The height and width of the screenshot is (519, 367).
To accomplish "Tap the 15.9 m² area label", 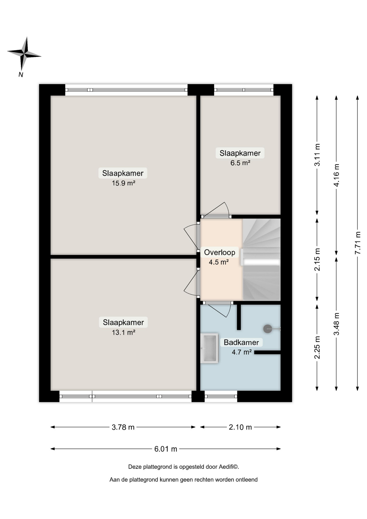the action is (x=124, y=183).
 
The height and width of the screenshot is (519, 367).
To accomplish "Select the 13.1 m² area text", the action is (x=124, y=332).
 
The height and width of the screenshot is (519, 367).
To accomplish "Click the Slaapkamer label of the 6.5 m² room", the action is (x=240, y=153).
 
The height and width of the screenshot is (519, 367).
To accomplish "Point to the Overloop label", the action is (x=219, y=252).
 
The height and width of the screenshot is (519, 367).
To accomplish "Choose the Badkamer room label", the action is (x=241, y=342).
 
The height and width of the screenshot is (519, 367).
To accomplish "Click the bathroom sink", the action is (x=209, y=348).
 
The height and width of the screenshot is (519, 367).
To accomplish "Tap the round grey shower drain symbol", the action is (x=268, y=329).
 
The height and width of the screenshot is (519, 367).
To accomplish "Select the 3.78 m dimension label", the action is (x=123, y=427).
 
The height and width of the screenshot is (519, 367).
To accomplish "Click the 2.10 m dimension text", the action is (x=240, y=427).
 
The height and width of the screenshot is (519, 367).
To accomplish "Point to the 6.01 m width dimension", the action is (x=166, y=449).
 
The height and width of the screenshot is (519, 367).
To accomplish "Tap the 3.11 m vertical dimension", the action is (x=317, y=155).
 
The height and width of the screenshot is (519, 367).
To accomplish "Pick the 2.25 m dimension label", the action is (x=317, y=348).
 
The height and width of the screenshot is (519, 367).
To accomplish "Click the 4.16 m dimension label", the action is (x=336, y=175).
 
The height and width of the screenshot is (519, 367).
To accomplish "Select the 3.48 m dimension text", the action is (x=336, y=324).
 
